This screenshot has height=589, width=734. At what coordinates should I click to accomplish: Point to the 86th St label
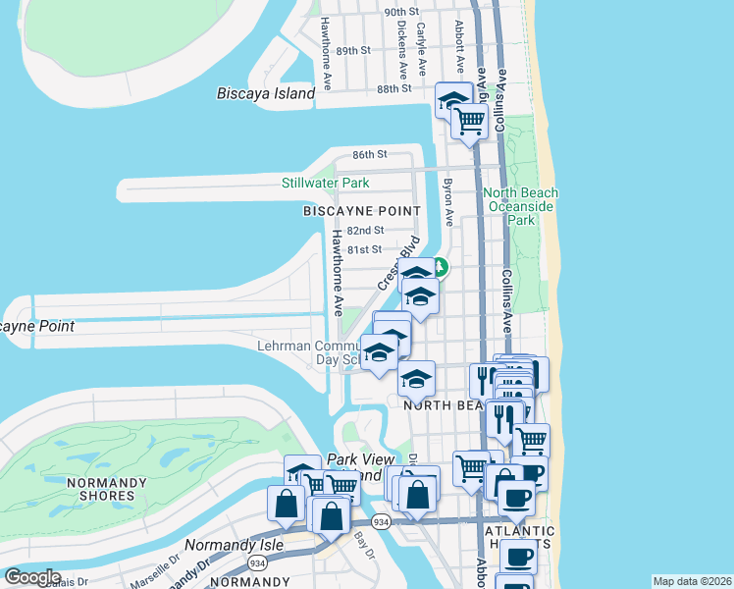370,155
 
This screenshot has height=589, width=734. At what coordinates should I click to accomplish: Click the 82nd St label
364,230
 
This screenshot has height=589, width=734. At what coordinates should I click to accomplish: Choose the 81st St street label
363,249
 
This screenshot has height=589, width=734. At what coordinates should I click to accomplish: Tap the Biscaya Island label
265,94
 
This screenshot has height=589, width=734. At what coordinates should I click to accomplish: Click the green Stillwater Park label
325,183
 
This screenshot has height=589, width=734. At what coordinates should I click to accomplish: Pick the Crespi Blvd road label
396,263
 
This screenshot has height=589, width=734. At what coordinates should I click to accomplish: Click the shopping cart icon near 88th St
470,121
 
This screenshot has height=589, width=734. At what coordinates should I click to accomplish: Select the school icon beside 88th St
453,101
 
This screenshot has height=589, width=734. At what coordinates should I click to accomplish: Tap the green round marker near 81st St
442,266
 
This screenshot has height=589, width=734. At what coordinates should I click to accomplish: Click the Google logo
32,577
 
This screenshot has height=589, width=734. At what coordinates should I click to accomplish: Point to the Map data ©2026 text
692,581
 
